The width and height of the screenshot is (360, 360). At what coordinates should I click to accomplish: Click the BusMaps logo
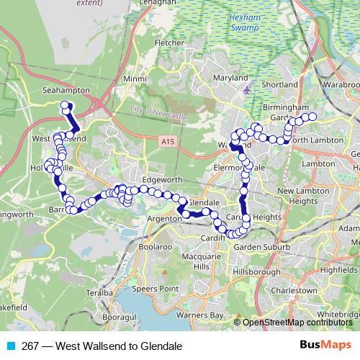(330, 346)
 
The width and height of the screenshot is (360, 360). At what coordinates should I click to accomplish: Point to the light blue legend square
(11, 346)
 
